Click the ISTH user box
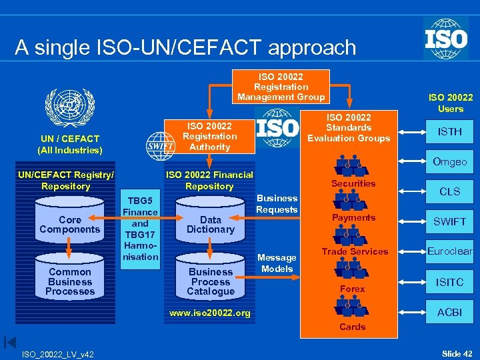coord(450,131)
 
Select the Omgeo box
coord(450,162)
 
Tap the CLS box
coord(450,191)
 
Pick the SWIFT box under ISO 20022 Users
coord(450,221)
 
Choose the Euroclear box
coord(450,251)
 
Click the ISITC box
coord(450,282)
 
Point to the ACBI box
coord(450,312)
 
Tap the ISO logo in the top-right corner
coord(445,39)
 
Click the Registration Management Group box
coord(281,87)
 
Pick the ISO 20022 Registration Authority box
coord(209,136)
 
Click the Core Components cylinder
coord(70,225)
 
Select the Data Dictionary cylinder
coord(211,225)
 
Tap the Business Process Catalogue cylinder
coord(211,281)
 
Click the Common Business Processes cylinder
coord(70,281)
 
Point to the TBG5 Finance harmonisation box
coord(140,229)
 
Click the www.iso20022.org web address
coord(210,312)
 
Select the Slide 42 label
coord(457,353)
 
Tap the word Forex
coord(353,289)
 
